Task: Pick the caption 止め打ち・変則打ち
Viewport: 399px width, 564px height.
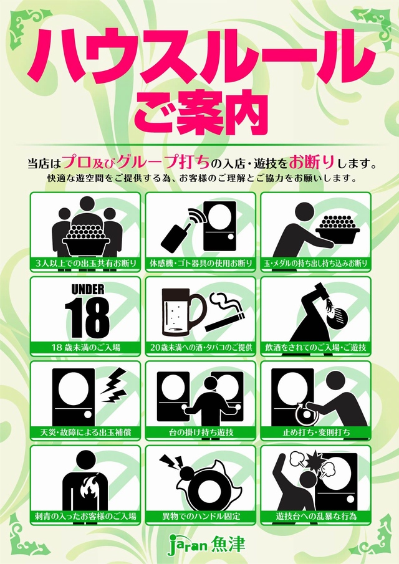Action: (315, 432)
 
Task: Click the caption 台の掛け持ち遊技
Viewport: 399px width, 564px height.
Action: (200, 432)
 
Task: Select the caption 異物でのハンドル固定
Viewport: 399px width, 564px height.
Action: (200, 517)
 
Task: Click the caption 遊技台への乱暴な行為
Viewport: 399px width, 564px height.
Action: (315, 517)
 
